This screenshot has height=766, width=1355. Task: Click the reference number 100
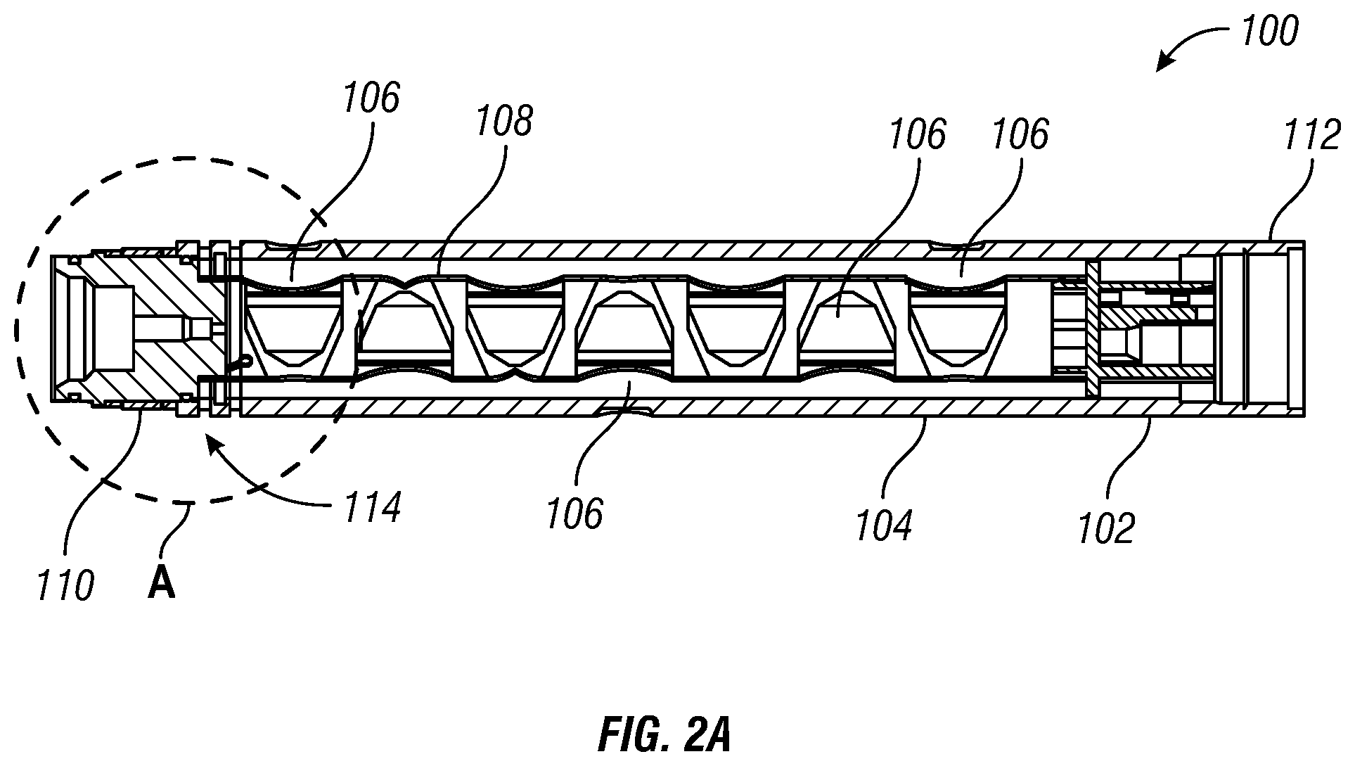coord(1269,32)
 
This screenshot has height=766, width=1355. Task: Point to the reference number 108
coord(504,121)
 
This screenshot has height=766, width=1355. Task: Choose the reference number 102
coord(1107,528)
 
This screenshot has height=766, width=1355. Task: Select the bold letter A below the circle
coord(161,584)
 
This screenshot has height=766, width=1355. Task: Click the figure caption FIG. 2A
coord(664,736)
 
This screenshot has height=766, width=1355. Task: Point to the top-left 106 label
coord(371,98)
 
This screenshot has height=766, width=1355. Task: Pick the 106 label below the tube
coord(574,513)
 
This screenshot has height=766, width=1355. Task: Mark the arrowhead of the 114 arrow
coord(212,441)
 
